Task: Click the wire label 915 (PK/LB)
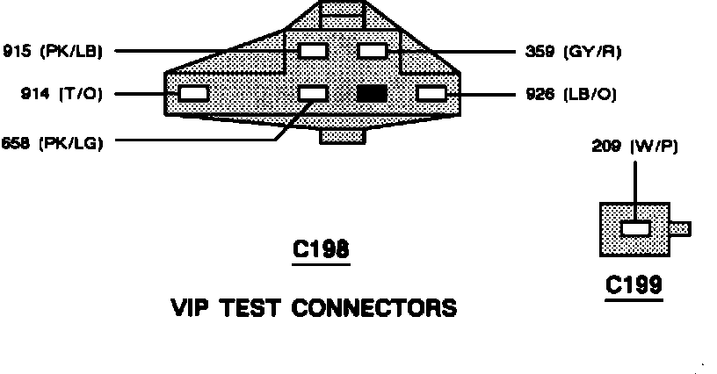pos(54,51)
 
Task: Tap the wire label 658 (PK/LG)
pos(54,142)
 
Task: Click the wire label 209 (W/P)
pos(634,147)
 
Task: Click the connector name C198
pos(320,251)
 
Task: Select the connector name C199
pos(634,286)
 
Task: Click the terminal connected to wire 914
pos(193,92)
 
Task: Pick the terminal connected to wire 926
pos(431,92)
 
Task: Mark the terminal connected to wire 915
pos(313,51)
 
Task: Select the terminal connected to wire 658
pos(313,92)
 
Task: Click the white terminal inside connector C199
pos(634,229)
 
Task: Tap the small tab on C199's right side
pos(680,229)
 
